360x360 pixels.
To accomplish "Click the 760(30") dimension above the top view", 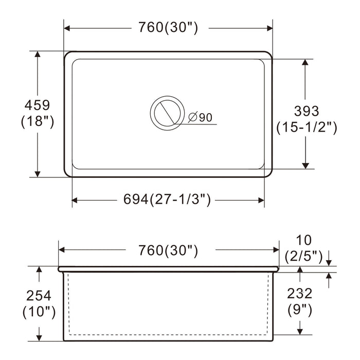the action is (168, 28).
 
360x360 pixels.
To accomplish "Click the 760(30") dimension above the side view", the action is (168, 250).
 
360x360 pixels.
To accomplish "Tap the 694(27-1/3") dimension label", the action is (167, 200).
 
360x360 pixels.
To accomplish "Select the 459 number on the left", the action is (37, 105).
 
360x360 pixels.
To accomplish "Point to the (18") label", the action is (38, 121).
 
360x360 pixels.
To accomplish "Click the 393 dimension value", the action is (307, 111).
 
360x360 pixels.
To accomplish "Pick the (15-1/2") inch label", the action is (307, 127).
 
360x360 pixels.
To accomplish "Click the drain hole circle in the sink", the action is (167, 113).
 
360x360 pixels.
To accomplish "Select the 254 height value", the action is (39, 296).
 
